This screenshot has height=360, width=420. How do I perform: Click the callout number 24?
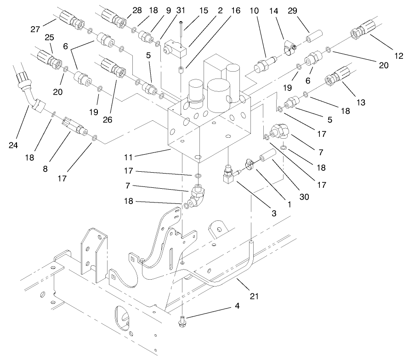tap(12, 146)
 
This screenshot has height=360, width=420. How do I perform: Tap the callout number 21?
tap(254, 296)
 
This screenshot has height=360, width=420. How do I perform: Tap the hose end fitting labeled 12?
tap(360, 33)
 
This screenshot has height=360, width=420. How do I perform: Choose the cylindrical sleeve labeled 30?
tap(267, 157)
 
